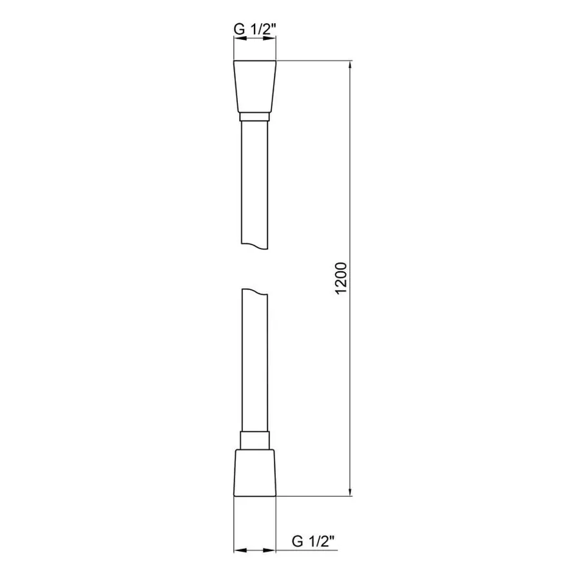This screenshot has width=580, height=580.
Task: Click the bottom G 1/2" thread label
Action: click(314, 540)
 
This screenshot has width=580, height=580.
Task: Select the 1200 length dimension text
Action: click(342, 279)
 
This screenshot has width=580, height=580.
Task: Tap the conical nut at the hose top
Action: click(255, 88)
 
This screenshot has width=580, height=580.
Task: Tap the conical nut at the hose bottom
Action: click(255, 472)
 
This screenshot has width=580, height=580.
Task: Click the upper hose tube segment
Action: click(255, 180)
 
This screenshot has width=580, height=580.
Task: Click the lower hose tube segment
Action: click(255, 361)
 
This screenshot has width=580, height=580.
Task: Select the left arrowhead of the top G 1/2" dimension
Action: click(237, 39)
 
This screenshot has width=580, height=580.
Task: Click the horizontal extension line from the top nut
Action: click(316, 61)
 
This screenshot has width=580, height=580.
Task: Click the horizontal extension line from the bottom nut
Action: click(316, 497)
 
